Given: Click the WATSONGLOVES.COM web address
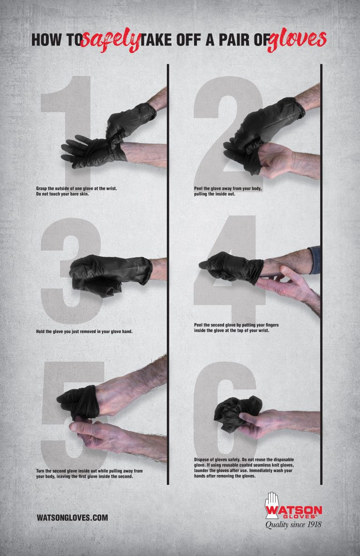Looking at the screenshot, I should coord(72,518).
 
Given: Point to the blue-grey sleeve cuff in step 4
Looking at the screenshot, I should coord(315,260).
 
